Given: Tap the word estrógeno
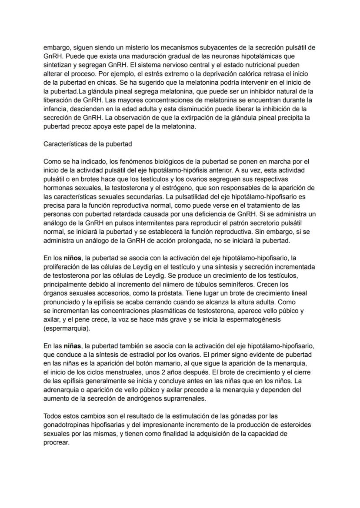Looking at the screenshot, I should coord(167,188).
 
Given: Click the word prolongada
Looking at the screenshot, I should coord(185,240).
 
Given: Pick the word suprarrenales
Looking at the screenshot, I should coord(185,399).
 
